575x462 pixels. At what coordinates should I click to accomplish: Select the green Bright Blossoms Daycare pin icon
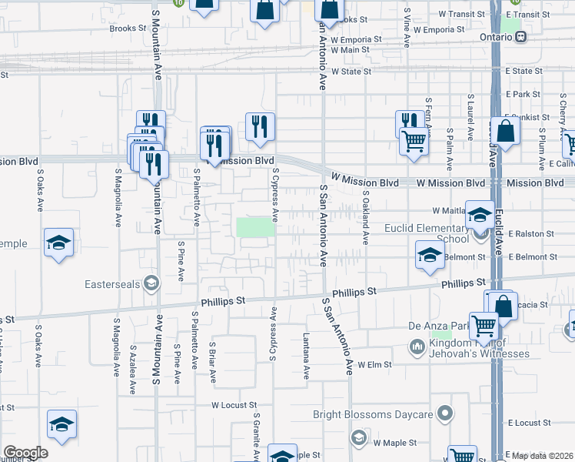pos(444,414)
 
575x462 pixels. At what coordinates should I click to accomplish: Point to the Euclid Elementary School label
pos(430,233)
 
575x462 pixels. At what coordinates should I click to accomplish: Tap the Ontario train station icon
pos(520,36)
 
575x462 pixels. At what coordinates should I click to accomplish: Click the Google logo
pos(25,452)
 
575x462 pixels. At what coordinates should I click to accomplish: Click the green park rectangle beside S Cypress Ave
pos(255,227)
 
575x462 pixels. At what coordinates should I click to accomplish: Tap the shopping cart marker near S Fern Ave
pos(414,141)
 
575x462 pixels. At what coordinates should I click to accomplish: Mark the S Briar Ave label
pos(213,362)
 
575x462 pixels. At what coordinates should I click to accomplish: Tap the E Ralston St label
pos(530,233)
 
